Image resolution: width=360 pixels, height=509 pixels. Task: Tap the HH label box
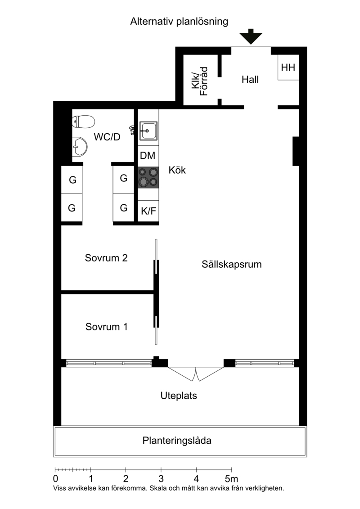pyautogui.click(x=288, y=68)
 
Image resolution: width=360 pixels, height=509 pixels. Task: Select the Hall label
pyautogui.click(x=250, y=80)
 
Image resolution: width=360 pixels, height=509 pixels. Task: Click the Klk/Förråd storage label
pyautogui.click(x=200, y=81)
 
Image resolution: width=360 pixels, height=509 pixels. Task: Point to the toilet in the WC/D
pyautogui.click(x=83, y=121)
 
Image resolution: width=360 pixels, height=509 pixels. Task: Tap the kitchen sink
pyautogui.click(x=148, y=131)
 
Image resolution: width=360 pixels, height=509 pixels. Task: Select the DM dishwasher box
pyautogui.click(x=148, y=156)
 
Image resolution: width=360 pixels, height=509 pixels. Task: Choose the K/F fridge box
pyautogui.click(x=148, y=210)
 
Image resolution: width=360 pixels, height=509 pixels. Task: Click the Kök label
pyautogui.click(x=177, y=171)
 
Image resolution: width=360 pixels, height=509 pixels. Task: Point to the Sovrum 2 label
pyautogui.click(x=106, y=258)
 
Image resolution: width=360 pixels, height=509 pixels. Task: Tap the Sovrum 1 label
pyautogui.click(x=107, y=327)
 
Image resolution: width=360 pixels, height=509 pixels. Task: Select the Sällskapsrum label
pyautogui.click(x=232, y=265)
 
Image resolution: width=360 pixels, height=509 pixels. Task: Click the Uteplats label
pyautogui.click(x=179, y=396)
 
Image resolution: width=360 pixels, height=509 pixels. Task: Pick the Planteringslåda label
pyautogui.click(x=177, y=441)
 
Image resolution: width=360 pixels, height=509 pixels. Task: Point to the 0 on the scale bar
pyautogui.click(x=55, y=478)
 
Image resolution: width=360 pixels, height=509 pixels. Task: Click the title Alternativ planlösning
pyautogui.click(x=180, y=21)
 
